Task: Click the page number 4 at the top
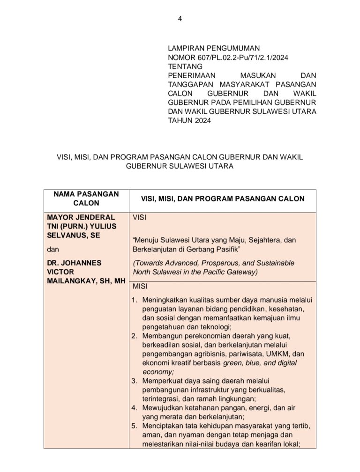pos(180,19)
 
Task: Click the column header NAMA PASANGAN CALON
pos(86,199)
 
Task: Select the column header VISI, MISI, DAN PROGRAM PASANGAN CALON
pos(223,199)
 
